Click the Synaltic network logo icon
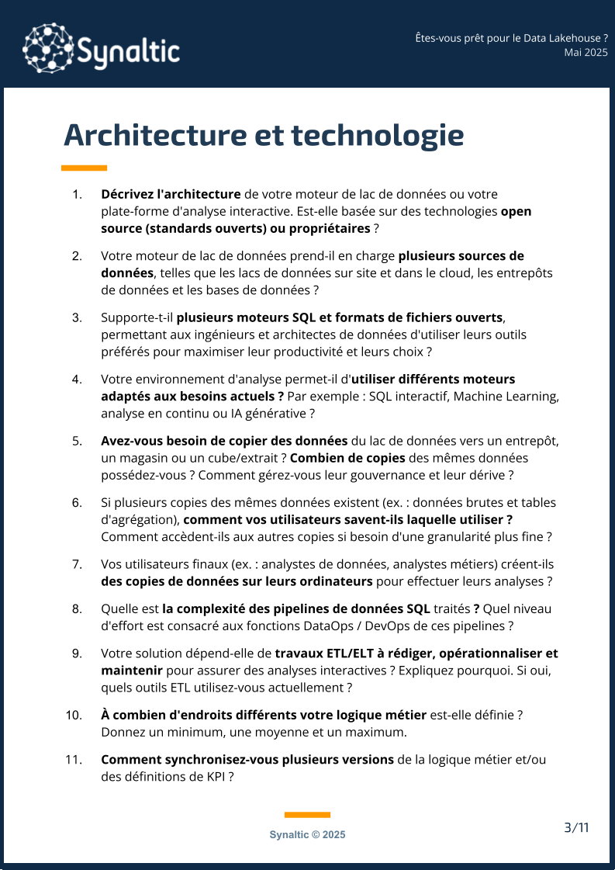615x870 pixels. click(x=48, y=48)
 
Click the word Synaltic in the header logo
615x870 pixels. click(x=129, y=52)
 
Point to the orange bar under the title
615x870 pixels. click(x=85, y=168)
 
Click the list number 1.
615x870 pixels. click(x=77, y=194)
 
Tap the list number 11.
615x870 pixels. click(x=74, y=760)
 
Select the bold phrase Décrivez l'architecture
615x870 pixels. click(x=171, y=194)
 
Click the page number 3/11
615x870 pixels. click(x=576, y=827)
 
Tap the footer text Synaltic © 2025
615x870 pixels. click(x=307, y=835)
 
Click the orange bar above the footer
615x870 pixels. click(x=307, y=815)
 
